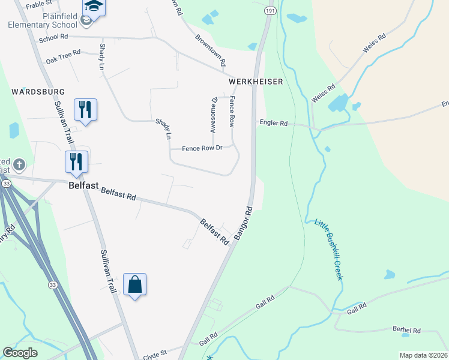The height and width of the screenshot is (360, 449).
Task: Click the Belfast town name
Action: pos(83,186)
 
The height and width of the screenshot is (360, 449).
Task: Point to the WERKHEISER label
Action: pos(255,81)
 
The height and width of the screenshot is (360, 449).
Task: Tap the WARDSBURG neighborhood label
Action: pos(37,91)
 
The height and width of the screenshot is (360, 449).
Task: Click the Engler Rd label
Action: pos(274,123)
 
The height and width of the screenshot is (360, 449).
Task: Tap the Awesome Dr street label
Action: pos(212,115)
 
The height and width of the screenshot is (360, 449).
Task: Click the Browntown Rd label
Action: pos(210,50)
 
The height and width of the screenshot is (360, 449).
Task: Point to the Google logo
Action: pos(20,353)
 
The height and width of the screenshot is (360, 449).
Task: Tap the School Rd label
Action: pos(53,38)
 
